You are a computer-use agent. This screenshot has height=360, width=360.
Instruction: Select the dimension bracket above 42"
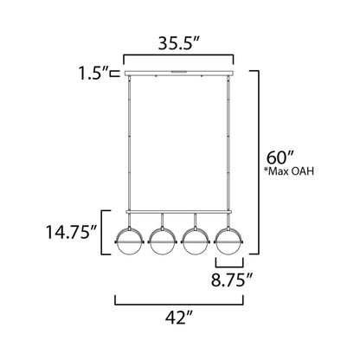pos(179,304)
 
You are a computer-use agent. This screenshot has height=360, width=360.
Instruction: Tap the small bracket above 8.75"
pos(228,264)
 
